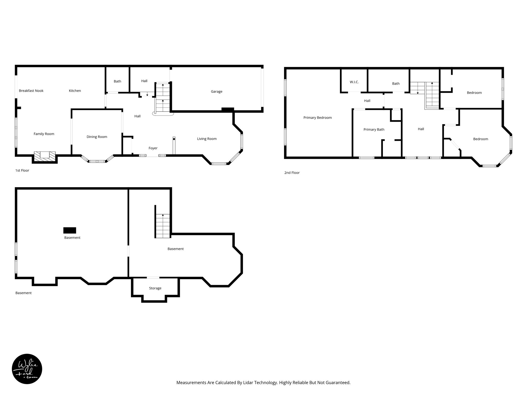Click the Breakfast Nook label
click(x=31, y=91)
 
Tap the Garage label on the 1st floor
click(x=216, y=92)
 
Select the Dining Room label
click(x=97, y=137)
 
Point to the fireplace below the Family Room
click(x=45, y=156)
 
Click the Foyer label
click(x=153, y=148)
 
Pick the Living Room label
click(x=207, y=139)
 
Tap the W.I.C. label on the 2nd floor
click(x=354, y=82)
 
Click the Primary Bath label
click(x=374, y=130)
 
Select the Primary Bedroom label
click(x=317, y=118)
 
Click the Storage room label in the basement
click(x=155, y=288)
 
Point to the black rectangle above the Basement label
click(x=70, y=230)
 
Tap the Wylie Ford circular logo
click(x=27, y=369)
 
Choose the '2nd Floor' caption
click(x=292, y=173)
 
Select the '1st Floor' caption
click(x=22, y=170)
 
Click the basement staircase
click(x=163, y=226)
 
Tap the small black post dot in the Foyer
click(x=174, y=139)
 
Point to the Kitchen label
click(x=75, y=91)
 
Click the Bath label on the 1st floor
click(x=117, y=81)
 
